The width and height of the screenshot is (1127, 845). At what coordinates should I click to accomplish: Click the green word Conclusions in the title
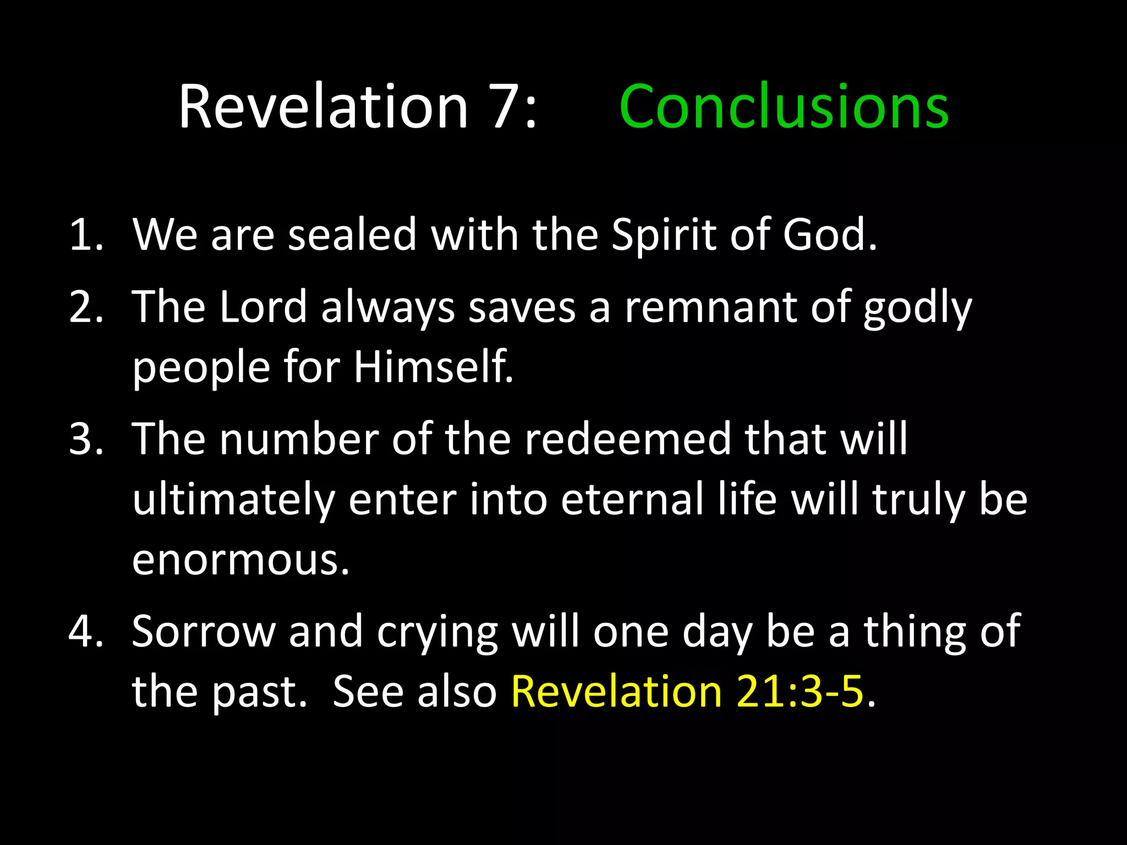[784, 107]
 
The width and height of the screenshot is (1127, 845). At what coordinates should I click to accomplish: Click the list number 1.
[85, 235]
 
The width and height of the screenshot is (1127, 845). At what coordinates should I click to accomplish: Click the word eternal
[632, 499]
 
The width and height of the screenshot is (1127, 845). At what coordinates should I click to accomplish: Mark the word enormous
[240, 560]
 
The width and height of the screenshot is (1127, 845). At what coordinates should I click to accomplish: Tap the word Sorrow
[204, 631]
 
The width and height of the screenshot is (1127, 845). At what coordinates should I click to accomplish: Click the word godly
[917, 308]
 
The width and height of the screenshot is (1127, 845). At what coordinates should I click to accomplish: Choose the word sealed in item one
[352, 235]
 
